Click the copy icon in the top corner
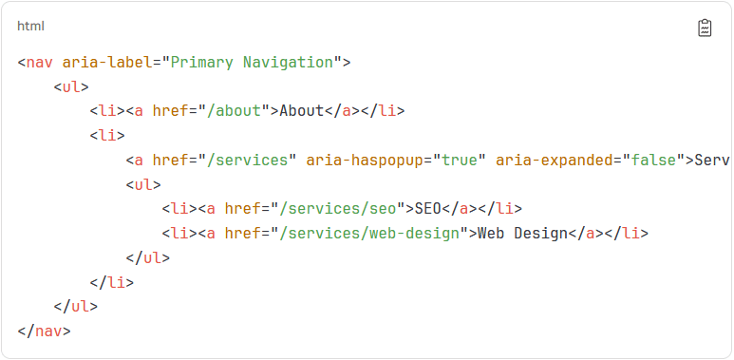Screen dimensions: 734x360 (x=705, y=28)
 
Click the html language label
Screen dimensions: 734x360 (x=30, y=27)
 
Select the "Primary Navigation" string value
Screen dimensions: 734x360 (x=252, y=63)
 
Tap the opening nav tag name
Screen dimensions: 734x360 (x=40, y=63)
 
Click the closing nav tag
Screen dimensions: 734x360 (x=44, y=332)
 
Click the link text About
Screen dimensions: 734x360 (x=302, y=111)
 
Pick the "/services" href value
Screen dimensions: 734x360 (x=252, y=161)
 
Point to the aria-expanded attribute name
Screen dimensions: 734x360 (x=554, y=161)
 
